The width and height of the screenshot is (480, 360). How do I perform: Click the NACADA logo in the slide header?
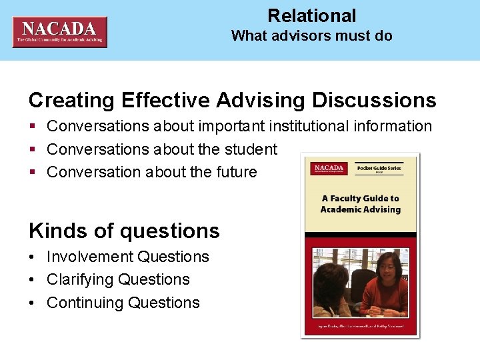(59, 32)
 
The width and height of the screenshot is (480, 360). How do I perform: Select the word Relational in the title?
(311, 16)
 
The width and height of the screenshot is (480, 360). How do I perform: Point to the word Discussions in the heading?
(373, 101)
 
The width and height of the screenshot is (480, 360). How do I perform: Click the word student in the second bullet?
(251, 149)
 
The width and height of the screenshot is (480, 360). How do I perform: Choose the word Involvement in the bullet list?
(89, 257)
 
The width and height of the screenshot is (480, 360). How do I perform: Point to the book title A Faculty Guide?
(360, 203)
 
